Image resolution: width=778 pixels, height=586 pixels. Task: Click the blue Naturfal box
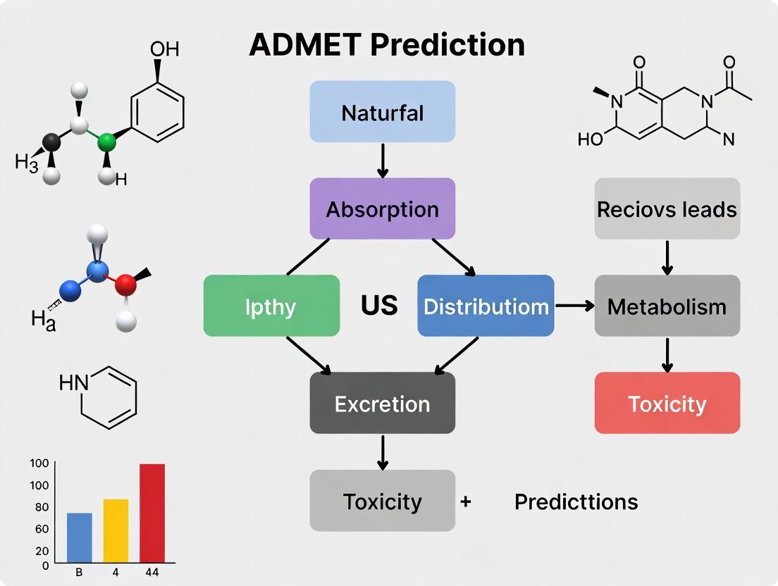point(382,112)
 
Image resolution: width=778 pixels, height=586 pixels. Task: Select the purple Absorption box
point(382,208)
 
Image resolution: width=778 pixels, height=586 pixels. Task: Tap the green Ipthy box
point(271,306)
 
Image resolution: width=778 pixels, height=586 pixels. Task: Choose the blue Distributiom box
point(486,306)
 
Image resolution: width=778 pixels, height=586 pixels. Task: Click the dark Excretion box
point(382,403)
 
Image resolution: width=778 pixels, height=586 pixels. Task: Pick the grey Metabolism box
point(667,306)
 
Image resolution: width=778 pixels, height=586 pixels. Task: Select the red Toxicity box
point(667,403)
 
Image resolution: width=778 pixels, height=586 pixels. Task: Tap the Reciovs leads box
point(667,208)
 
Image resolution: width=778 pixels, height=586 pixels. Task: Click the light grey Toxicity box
point(382,501)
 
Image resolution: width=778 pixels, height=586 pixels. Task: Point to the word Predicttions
point(576,501)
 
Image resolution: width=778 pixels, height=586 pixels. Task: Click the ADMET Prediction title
point(387,45)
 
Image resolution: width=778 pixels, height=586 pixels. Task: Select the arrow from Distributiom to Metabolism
point(574,306)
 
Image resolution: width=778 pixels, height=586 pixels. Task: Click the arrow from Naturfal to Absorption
point(382,161)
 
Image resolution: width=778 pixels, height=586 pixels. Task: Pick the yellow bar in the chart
point(116,530)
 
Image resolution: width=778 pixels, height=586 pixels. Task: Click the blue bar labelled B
point(79,537)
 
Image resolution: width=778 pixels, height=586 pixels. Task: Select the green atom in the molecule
point(106,143)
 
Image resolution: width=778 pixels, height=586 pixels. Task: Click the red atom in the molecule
point(125,285)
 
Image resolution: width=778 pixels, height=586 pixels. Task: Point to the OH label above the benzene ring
point(165,49)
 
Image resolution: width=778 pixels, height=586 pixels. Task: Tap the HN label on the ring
point(74,382)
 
